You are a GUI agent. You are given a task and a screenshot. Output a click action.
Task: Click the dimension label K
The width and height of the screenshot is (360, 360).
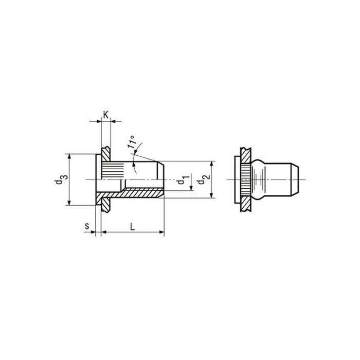[105, 115]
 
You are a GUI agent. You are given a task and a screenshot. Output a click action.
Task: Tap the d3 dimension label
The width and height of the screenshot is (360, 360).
[61, 179]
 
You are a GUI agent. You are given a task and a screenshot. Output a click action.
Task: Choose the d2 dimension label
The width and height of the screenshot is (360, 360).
[204, 179]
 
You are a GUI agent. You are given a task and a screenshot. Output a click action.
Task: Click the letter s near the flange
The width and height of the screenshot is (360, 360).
[87, 225]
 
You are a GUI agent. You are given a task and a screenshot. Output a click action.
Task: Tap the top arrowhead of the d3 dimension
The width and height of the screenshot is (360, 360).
[69, 156]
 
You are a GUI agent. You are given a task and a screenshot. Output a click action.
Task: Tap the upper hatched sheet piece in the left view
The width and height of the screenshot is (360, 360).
[106, 153]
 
